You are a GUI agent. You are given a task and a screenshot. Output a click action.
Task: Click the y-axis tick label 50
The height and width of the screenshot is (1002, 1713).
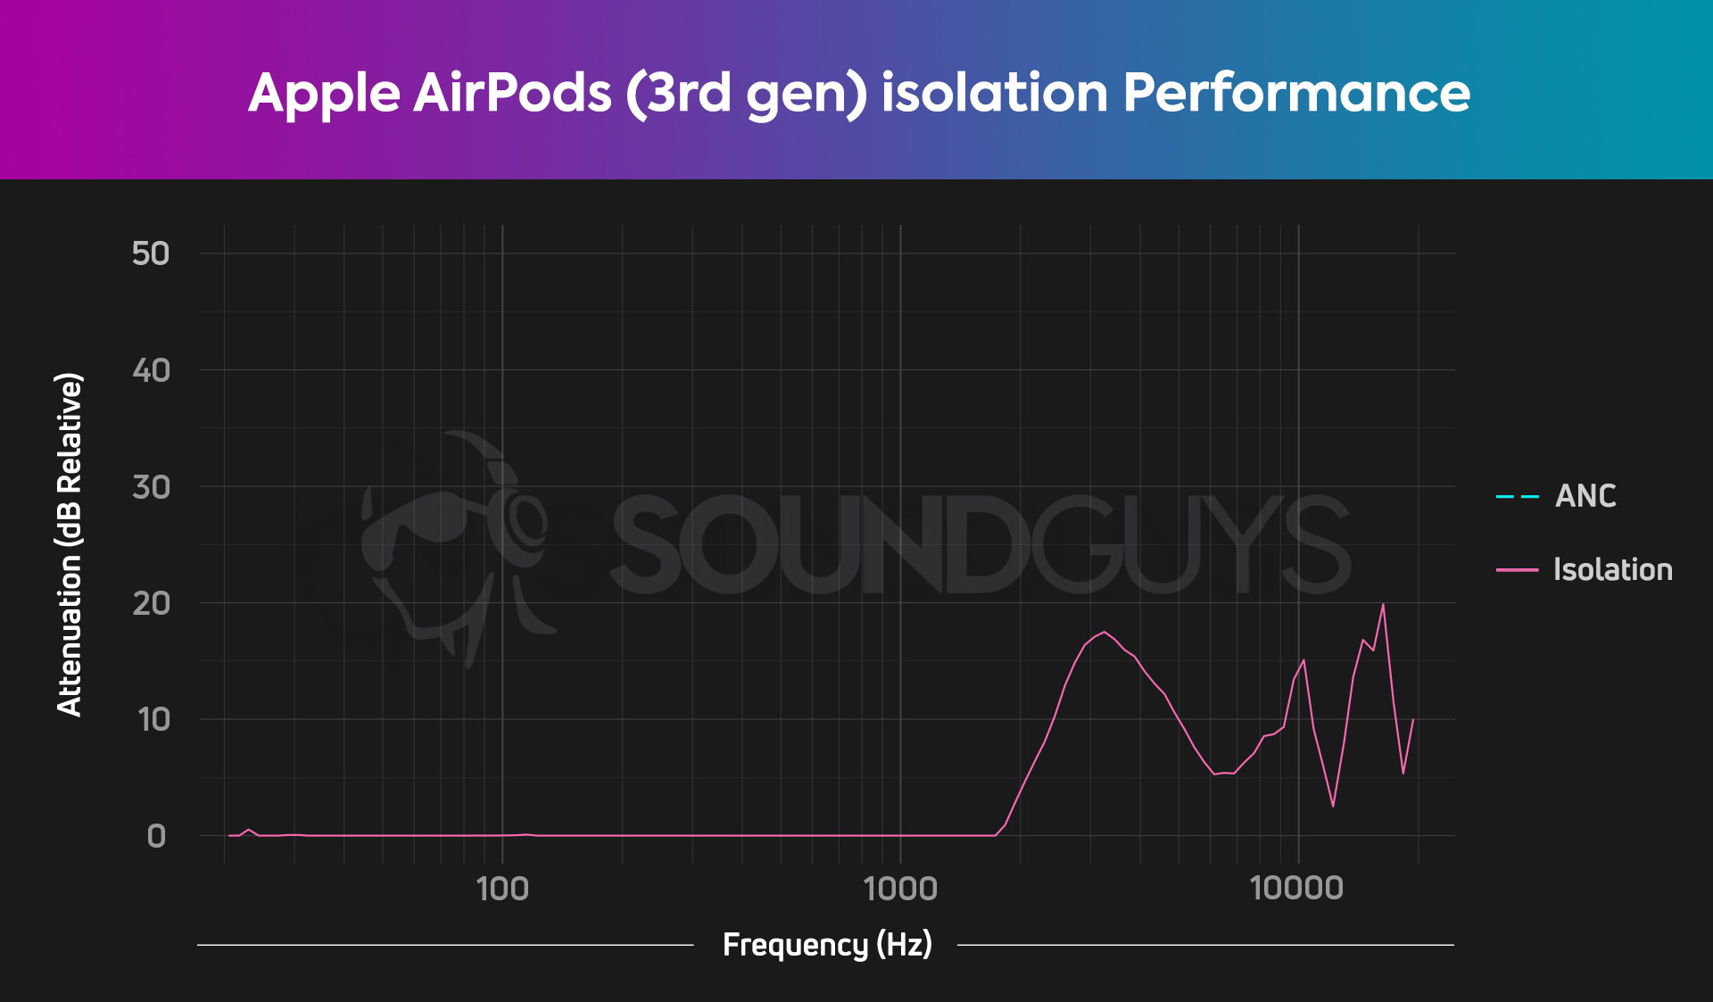[x=150, y=253]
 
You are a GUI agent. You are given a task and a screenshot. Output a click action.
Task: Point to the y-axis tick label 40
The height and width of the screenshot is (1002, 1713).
[x=151, y=370]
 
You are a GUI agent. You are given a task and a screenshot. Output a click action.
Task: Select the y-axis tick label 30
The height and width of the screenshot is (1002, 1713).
[x=151, y=487]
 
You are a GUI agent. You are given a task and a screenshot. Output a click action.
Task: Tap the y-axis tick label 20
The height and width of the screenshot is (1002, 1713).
[x=151, y=604]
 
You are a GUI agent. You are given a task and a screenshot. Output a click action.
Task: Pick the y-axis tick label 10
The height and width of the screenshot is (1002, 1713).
[x=153, y=720]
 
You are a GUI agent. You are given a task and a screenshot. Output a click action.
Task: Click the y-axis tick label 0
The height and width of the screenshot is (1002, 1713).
[x=156, y=837]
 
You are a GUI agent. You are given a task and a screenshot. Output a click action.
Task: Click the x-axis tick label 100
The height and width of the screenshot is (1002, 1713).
[x=502, y=889]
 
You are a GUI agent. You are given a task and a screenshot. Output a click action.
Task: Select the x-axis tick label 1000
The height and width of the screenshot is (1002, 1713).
[x=900, y=889]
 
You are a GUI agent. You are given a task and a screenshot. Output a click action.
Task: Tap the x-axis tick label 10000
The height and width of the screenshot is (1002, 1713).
[x=1296, y=889]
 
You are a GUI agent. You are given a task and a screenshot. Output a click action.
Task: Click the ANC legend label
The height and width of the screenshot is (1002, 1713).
[x=1585, y=496]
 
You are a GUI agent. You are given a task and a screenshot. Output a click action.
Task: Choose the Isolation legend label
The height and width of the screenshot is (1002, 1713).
[x=1612, y=570]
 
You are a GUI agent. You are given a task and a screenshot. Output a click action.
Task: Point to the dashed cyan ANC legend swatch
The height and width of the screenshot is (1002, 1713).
[x=1517, y=497]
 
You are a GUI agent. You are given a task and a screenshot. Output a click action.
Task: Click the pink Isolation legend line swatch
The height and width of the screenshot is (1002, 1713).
[x=1517, y=570]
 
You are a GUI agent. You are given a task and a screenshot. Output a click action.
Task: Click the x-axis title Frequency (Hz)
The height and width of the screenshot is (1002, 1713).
[x=827, y=944]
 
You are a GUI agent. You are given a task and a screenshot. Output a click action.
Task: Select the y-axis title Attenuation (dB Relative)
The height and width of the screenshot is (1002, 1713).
[x=69, y=544]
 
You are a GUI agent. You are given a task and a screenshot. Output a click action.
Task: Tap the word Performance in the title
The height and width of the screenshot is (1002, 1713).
[x=1296, y=93]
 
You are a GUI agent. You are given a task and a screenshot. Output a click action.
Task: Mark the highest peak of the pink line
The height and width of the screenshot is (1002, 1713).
[x=1383, y=605]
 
